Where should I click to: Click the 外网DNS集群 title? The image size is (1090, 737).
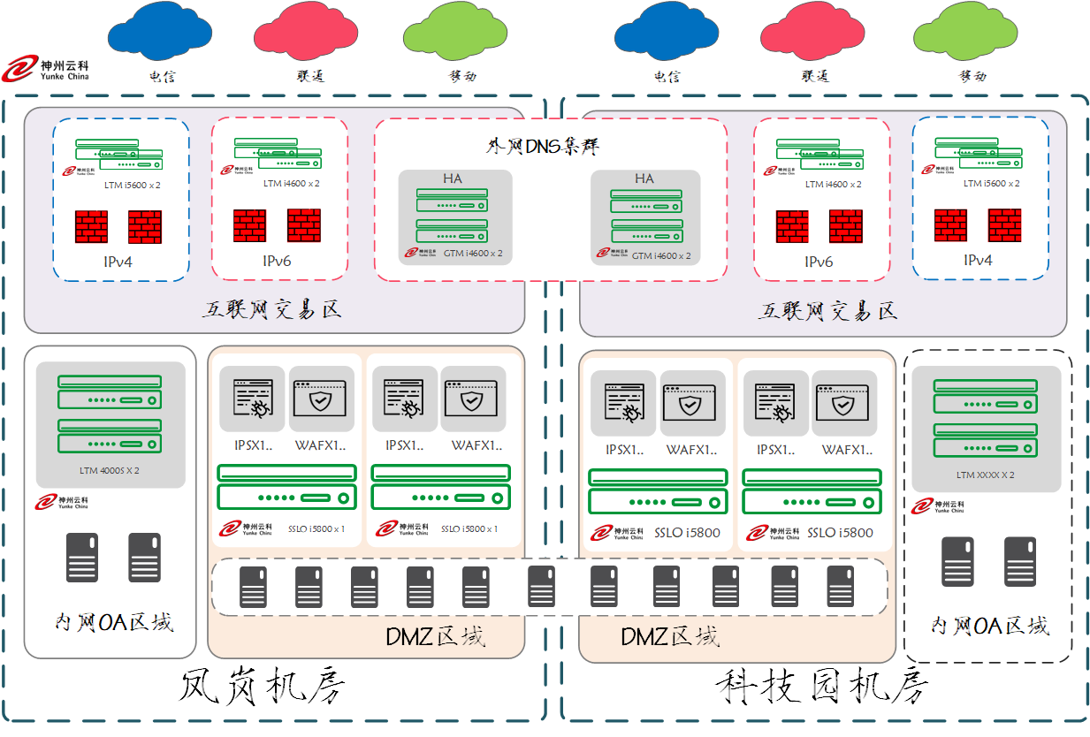pyautogui.click(x=550, y=145)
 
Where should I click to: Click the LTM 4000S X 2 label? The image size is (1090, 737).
pyautogui.click(x=110, y=470)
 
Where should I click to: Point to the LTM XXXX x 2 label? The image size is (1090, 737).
pyautogui.click(x=985, y=475)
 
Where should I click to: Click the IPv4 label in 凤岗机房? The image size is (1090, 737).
pyautogui.click(x=118, y=261)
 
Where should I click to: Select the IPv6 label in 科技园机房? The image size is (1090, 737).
pyautogui.click(x=819, y=262)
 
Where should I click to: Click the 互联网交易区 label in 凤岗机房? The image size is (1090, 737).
pyautogui.click(x=271, y=310)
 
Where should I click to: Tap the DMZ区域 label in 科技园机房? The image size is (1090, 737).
pyautogui.click(x=669, y=636)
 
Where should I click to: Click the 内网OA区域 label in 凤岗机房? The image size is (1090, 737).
pyautogui.click(x=114, y=622)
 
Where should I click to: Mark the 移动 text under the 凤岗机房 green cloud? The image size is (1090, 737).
pyautogui.click(x=457, y=76)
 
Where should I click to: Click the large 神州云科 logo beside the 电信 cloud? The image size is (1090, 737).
pyautogui.click(x=46, y=69)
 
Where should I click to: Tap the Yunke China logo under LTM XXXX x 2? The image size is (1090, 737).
pyautogui.click(x=937, y=506)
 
